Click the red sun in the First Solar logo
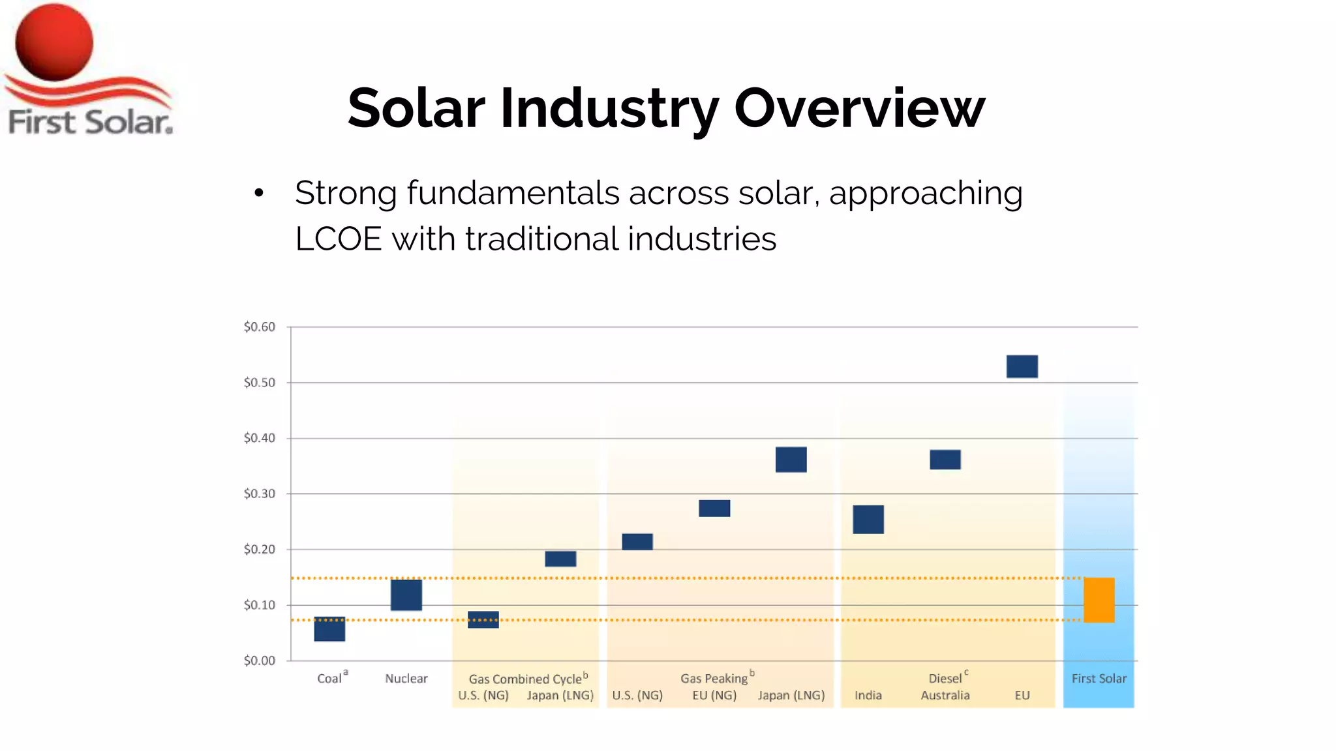[54, 42]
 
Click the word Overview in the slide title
[859, 108]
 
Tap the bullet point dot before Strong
[259, 192]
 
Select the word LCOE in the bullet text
[338, 239]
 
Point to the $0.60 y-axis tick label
[260, 327]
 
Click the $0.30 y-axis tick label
[260, 493]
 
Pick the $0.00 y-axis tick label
[260, 660]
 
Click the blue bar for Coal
[329, 629]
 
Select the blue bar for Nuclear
[406, 595]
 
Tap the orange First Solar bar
[1099, 600]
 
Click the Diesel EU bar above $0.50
[1022, 366]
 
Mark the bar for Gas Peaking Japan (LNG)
[791, 460]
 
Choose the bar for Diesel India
[868, 520]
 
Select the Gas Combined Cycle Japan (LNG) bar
[560, 559]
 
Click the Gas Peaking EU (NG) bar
[714, 508]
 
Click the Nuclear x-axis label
[406, 679]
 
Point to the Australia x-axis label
[945, 696]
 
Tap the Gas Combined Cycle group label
[525, 679]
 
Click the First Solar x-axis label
[1099, 679]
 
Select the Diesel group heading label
[945, 679]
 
